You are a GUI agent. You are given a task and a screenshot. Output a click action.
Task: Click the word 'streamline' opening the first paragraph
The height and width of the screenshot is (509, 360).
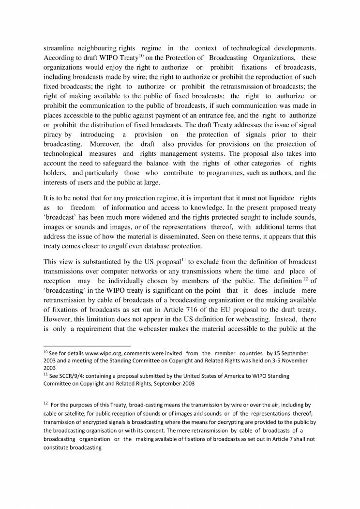pyautogui.click(x=60, y=48)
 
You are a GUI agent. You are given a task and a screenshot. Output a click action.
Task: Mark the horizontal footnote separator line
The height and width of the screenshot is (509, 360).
pyautogui.click(x=87, y=346)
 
